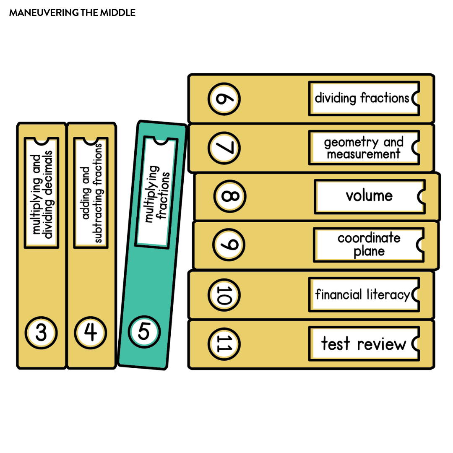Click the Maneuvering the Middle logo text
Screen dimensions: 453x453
tap(72, 13)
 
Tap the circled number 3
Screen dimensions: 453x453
tap(41, 333)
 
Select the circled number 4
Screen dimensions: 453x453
tap(91, 333)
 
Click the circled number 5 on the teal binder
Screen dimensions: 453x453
tap(144, 332)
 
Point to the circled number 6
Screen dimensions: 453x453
tap(224, 99)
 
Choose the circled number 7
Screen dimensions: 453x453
tap(224, 148)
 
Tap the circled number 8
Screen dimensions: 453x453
tap(229, 196)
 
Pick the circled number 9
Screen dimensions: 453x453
tap(229, 245)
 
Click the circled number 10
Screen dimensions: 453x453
tap(224, 294)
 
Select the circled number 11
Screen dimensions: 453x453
tap(224, 344)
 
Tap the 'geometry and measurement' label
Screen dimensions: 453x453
tap(363, 148)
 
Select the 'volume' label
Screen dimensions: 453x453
tap(369, 196)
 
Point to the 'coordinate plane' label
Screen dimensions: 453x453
tap(368, 245)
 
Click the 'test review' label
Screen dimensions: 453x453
tap(363, 344)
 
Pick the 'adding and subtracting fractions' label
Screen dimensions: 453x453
tap(91, 193)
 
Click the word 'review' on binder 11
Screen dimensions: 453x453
tap(382, 344)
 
